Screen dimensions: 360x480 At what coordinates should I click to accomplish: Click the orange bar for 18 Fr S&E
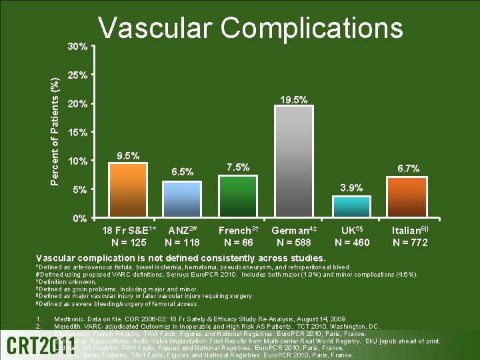click(x=127, y=190)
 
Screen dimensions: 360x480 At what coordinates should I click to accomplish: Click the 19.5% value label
click(x=293, y=99)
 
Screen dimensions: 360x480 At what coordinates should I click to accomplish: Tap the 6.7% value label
click(x=408, y=169)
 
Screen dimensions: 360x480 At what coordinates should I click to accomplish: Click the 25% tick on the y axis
click(x=79, y=75)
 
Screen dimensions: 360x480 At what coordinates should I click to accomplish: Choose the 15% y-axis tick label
click(x=79, y=132)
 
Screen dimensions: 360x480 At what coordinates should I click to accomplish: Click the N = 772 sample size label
click(x=410, y=242)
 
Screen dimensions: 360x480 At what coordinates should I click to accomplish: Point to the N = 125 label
click(x=129, y=242)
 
